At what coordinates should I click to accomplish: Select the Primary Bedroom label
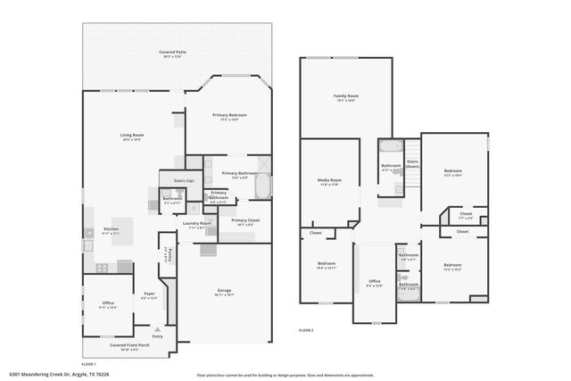229,115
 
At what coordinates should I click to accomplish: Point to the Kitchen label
112,228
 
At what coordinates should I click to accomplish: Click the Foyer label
149,295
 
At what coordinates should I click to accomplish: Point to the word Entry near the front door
158,335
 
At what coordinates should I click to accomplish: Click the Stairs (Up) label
171,181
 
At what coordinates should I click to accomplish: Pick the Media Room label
329,180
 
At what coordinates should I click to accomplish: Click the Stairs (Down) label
412,164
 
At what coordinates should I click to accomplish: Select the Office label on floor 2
375,282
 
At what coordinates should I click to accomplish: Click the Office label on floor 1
108,303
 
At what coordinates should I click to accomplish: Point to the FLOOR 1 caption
88,364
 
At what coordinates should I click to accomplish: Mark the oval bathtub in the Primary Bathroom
263,186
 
